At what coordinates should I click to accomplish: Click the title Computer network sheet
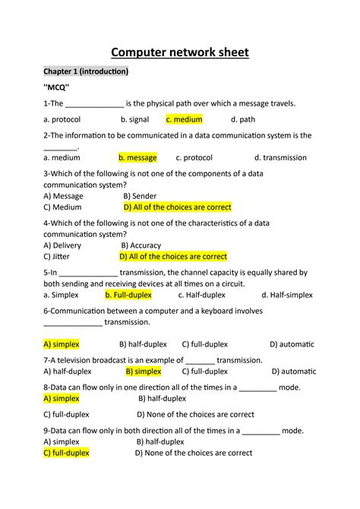pos(180,52)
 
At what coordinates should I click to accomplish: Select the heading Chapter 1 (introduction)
pos(86,71)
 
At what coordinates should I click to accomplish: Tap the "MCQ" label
pos(57,87)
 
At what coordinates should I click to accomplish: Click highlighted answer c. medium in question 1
pos(184,119)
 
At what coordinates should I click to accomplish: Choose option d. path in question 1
pos(244,119)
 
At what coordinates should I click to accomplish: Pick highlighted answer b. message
pos(137,158)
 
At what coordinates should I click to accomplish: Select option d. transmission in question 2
pos(279,158)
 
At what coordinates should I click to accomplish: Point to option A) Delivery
pos(62,245)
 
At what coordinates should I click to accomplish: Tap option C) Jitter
pos(58,257)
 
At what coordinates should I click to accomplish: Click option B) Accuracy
pos(141,245)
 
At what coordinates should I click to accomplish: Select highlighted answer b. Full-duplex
pos(128,295)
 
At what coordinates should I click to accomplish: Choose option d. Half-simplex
pos(287,295)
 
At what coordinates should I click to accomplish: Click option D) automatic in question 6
pos(292,344)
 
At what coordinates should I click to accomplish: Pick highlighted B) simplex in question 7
pos(143,371)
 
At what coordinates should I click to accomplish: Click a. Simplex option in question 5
pos(62,295)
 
